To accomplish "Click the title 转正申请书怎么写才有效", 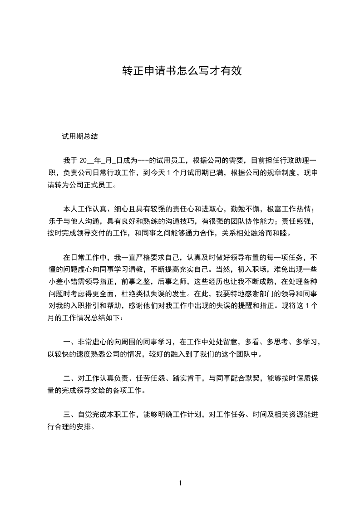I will [x=180, y=71].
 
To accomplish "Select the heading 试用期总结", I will [x=80, y=136].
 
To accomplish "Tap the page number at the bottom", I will [x=180, y=484].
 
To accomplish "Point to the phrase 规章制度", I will [x=265, y=172].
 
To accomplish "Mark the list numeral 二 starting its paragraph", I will [x=67, y=377].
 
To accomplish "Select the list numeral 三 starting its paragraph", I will [x=67, y=414].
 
